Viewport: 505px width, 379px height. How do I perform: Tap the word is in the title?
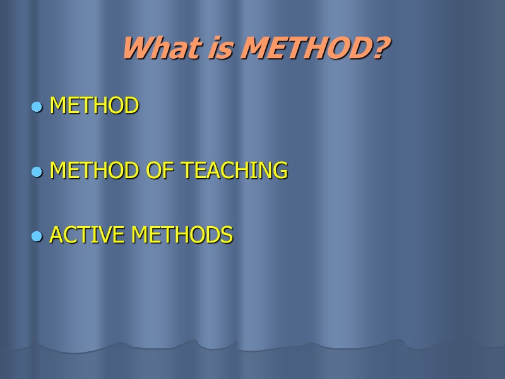click(218, 48)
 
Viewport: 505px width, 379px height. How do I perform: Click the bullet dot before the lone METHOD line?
click(37, 107)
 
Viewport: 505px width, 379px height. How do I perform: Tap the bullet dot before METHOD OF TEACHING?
click(37, 171)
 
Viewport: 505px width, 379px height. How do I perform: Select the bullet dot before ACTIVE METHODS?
click(37, 236)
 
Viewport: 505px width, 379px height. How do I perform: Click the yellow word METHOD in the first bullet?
click(95, 105)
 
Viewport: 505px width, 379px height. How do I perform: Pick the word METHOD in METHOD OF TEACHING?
click(95, 170)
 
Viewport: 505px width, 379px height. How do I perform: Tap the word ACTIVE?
click(88, 235)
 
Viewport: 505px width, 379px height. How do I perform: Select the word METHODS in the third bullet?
click(182, 235)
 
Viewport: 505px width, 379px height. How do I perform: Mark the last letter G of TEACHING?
click(281, 170)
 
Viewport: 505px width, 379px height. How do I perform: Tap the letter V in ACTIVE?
click(107, 235)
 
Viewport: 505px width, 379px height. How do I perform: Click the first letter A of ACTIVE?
click(56, 235)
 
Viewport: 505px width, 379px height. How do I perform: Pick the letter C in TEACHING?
click(225, 170)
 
